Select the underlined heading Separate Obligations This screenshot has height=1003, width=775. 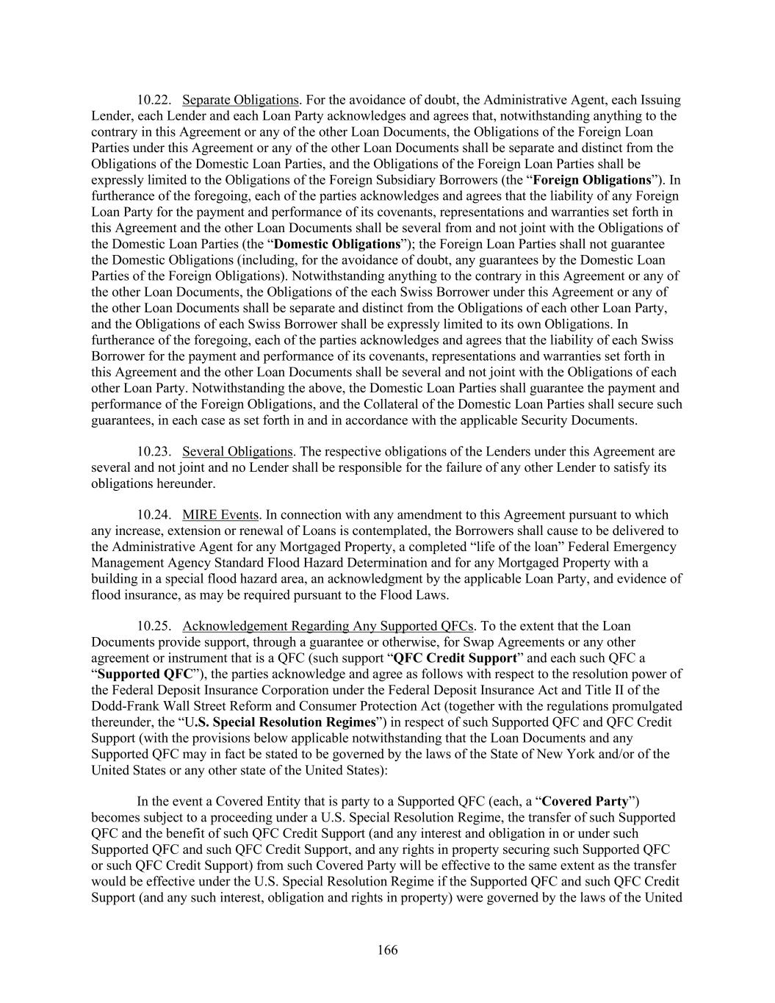click(x=240, y=100)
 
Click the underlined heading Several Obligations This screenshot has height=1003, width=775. click(x=237, y=452)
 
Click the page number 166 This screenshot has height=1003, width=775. click(x=387, y=951)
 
